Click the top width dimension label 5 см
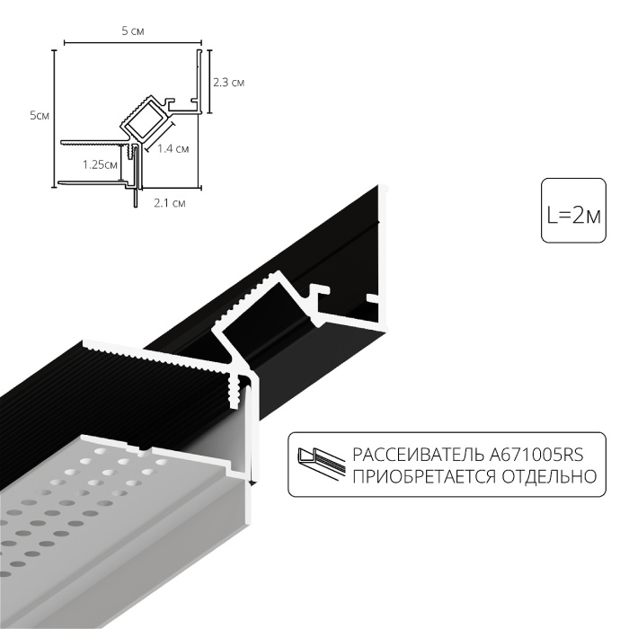pos(132,31)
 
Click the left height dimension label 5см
pos(39,115)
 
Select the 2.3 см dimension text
pos(229,83)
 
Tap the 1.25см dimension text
pos(99,164)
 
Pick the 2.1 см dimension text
pos(169,202)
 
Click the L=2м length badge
pos(572,214)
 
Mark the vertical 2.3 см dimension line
pos(208,83)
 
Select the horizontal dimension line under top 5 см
pos(132,41)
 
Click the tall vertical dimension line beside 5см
pos(54,117)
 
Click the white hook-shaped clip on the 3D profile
pos(319,297)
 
